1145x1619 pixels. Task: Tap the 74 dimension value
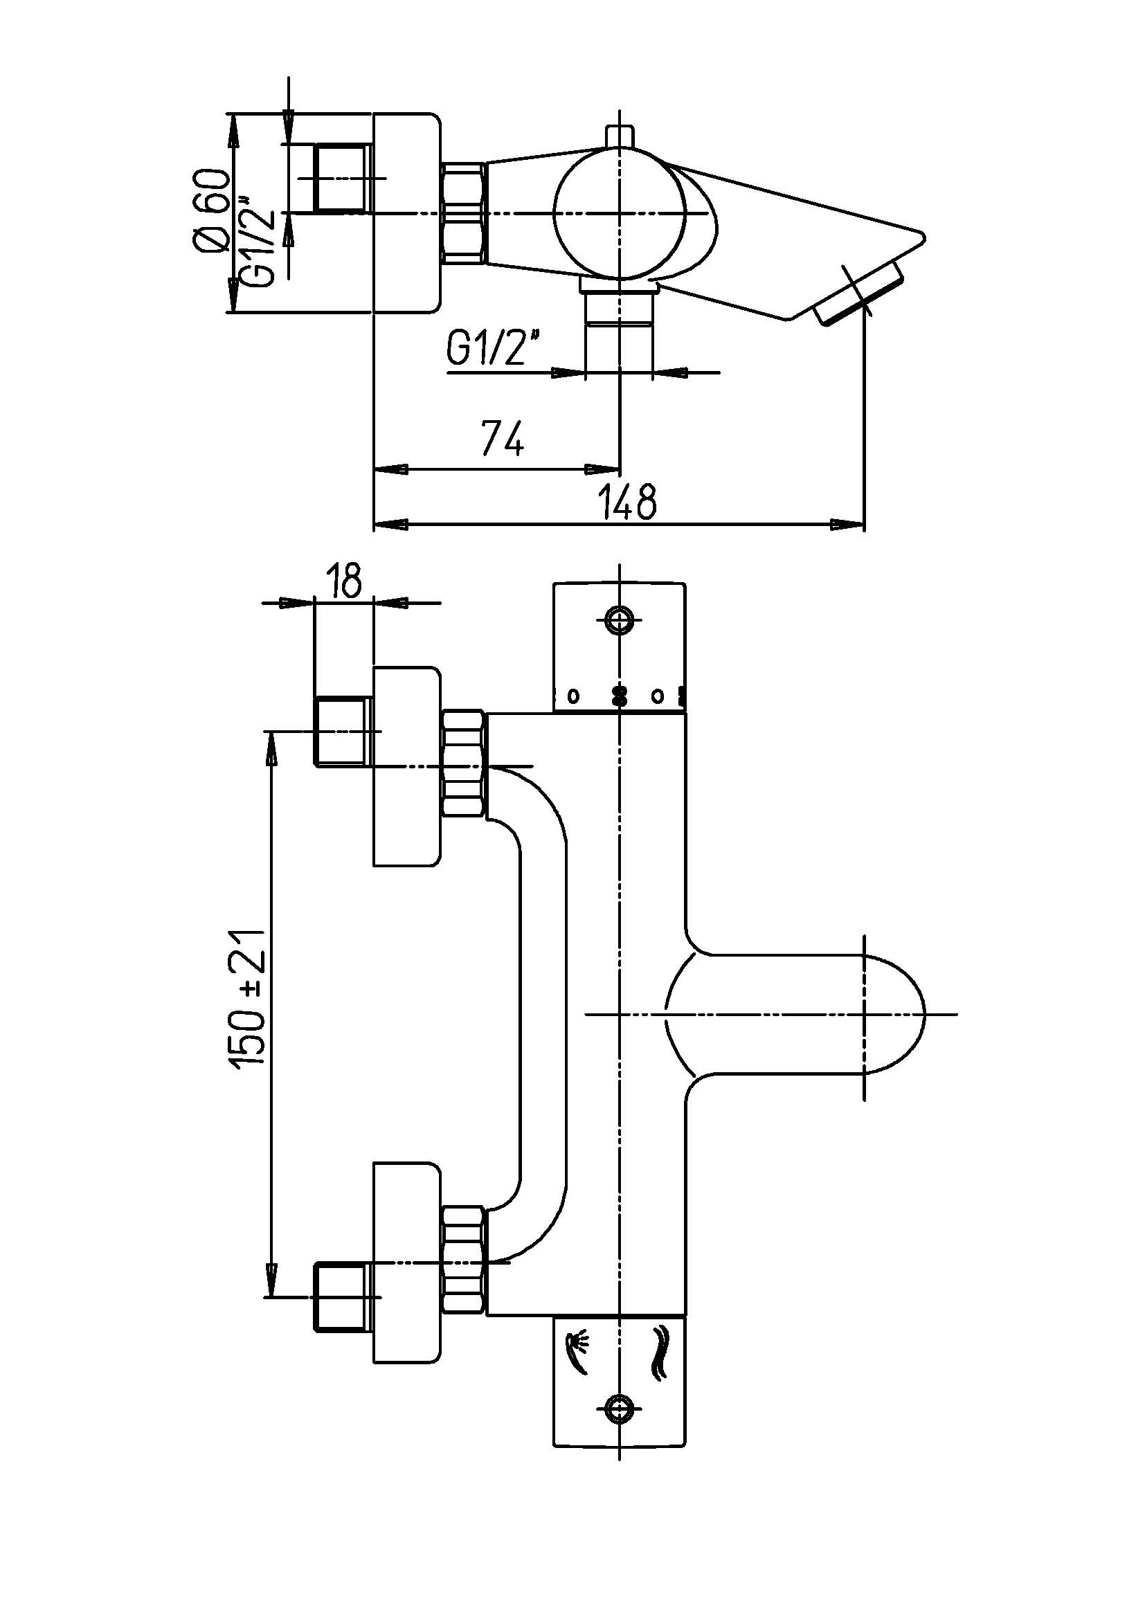pos(503,438)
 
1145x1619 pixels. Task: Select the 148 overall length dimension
pos(626,500)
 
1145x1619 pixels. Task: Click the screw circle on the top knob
pos(620,619)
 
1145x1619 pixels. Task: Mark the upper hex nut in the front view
pos(463,765)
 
